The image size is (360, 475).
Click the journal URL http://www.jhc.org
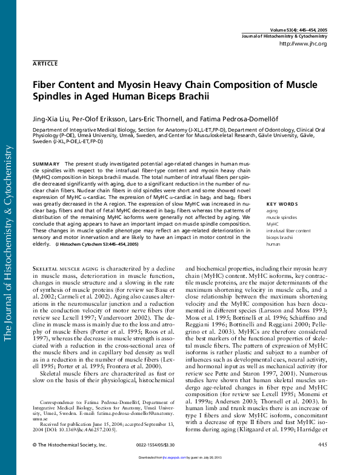[302, 44]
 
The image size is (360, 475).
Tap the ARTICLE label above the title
[45, 63]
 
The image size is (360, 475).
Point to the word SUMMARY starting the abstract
[46, 164]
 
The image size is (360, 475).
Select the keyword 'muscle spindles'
[282, 217]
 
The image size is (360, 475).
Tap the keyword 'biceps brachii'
[281, 237]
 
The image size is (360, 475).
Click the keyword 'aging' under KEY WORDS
[272, 210]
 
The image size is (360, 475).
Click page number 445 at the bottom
[322, 462]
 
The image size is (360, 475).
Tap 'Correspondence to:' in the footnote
[59, 402]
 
